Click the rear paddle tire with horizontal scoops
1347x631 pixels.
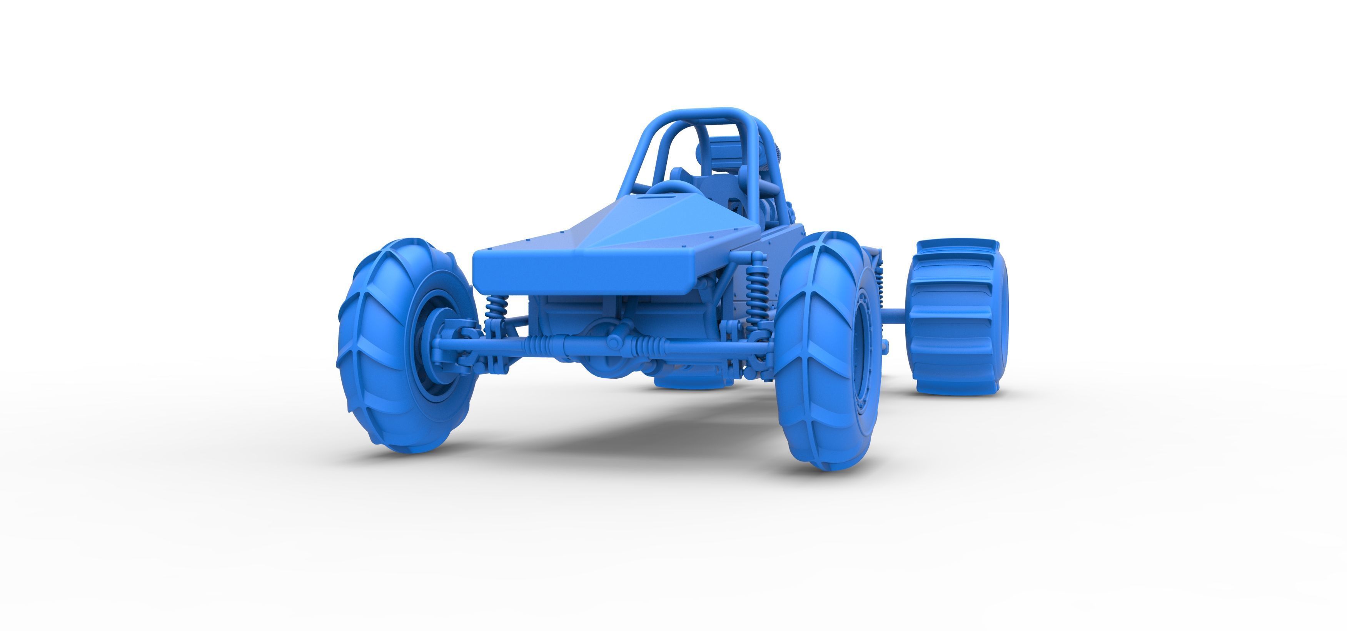coord(957,319)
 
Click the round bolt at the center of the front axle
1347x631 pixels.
coord(616,343)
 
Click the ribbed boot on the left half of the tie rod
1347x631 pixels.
coord(539,343)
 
